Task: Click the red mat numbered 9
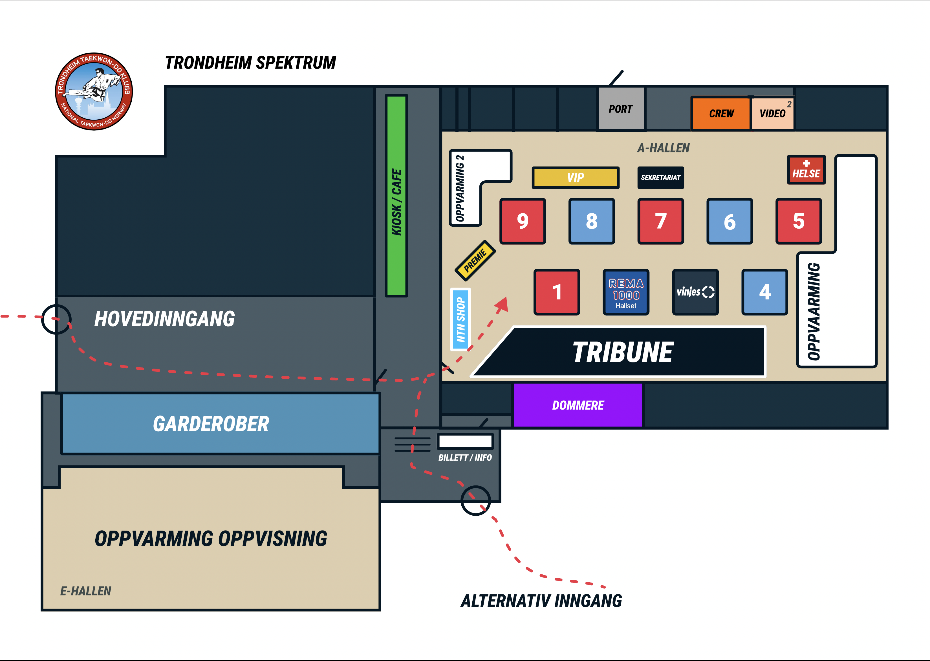click(523, 221)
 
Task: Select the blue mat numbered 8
click(592, 221)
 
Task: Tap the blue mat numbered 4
click(764, 292)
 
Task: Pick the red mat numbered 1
click(557, 292)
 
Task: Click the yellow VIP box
click(576, 178)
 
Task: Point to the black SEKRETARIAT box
click(660, 178)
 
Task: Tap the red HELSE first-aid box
click(806, 170)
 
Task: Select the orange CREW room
click(721, 113)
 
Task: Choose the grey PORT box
click(621, 109)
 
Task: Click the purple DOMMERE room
click(578, 405)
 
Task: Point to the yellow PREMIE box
click(475, 261)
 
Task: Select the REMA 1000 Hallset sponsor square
click(626, 292)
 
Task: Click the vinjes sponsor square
click(695, 292)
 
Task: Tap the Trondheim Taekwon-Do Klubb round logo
click(94, 91)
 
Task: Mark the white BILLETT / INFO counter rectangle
click(465, 441)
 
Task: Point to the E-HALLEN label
click(85, 591)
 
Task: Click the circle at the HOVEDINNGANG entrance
click(56, 319)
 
